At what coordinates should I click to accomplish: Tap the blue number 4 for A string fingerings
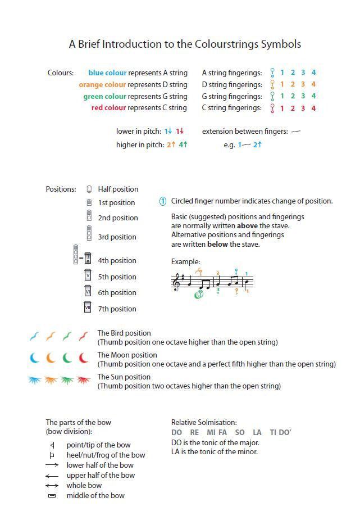tap(313, 73)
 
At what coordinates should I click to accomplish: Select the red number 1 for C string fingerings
tap(281, 108)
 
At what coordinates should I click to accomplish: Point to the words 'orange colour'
tap(102, 85)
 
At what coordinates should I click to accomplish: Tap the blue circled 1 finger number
tap(163, 201)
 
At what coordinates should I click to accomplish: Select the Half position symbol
tap(89, 189)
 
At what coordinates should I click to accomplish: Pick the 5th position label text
tap(117, 277)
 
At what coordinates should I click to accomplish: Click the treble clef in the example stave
tap(178, 281)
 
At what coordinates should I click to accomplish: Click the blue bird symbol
tap(35, 337)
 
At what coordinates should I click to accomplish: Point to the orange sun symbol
tap(51, 381)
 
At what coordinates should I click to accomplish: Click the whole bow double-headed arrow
tap(52, 486)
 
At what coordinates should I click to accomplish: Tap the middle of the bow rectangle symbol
tap(52, 496)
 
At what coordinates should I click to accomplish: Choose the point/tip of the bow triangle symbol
tap(52, 445)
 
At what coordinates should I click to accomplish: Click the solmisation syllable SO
tap(240, 432)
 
